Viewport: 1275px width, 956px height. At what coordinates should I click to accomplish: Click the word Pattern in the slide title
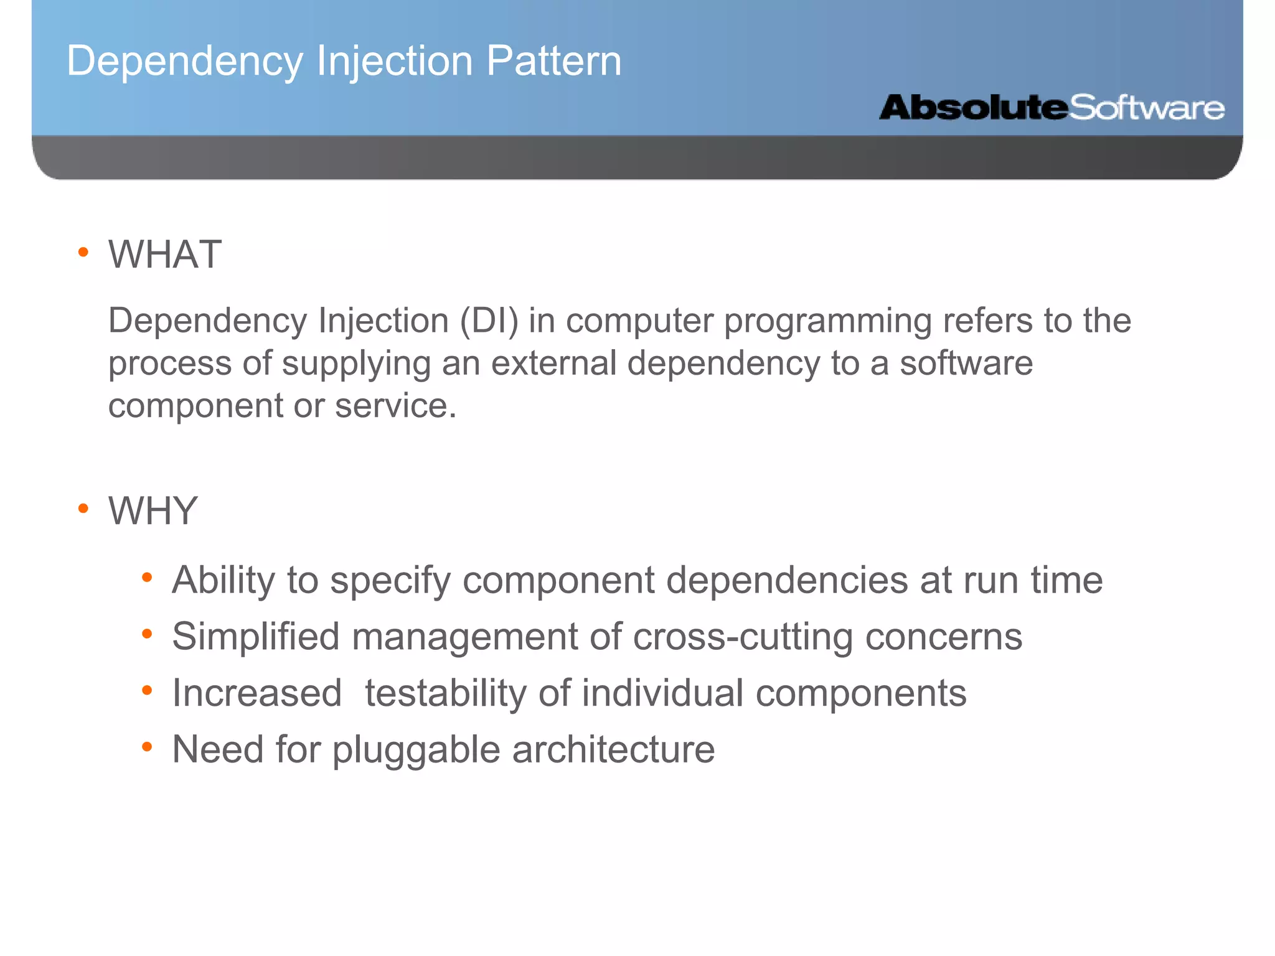pos(553,61)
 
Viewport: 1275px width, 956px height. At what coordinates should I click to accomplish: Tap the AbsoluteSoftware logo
pos(1051,108)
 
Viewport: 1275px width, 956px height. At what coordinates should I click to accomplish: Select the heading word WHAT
pos(165,254)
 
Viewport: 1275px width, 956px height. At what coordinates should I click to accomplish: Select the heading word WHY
pos(153,510)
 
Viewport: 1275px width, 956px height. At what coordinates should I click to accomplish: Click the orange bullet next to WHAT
pos(83,253)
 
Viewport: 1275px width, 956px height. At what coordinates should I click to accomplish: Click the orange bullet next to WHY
pos(83,509)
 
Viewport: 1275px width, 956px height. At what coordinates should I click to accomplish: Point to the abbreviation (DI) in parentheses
pos(489,321)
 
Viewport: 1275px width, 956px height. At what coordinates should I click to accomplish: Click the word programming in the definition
pos(827,321)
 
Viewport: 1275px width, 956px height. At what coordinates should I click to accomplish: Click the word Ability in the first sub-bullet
pos(223,580)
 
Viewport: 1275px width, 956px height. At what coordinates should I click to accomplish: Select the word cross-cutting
pos(743,637)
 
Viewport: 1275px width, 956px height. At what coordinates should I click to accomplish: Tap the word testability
pos(446,693)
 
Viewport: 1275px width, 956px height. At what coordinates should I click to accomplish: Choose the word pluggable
pos(416,750)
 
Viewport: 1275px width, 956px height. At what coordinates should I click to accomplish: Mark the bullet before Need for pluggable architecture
pos(147,746)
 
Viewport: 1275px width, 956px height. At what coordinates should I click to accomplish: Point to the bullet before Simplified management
pos(147,634)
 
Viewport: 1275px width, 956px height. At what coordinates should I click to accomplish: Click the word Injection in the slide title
pos(395,61)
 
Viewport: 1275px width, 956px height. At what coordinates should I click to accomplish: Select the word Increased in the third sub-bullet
pos(257,693)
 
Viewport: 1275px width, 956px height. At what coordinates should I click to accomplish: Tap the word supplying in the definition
pos(356,363)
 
